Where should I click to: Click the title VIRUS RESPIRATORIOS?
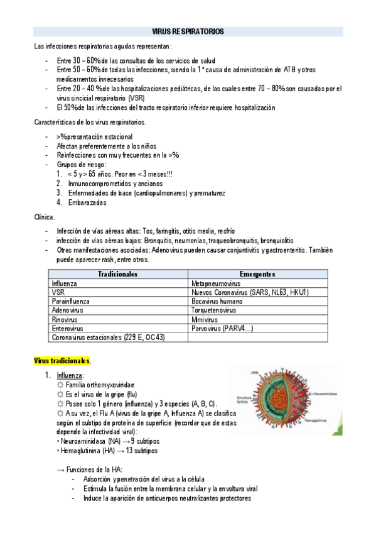188,31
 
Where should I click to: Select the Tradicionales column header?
118,274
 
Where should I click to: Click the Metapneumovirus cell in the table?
216,283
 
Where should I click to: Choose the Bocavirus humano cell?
217,301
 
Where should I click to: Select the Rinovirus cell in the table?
65,319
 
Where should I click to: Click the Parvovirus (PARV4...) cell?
222,328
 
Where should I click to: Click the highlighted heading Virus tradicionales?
62,361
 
